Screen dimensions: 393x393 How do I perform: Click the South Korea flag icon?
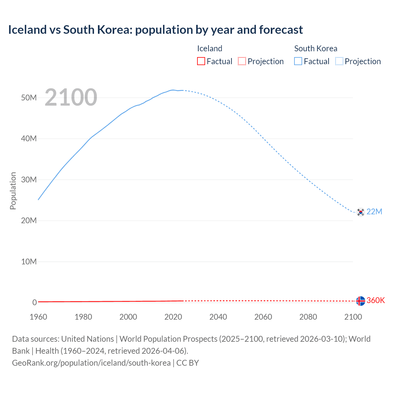[x=360, y=212]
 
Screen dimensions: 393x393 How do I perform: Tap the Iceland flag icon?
[x=360, y=301]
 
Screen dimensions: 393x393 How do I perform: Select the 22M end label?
[x=374, y=212]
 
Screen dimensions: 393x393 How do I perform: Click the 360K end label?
[x=375, y=300]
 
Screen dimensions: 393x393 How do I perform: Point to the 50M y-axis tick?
[x=29, y=98]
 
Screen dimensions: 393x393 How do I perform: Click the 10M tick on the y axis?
[x=29, y=262]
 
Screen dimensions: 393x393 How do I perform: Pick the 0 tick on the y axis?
[x=34, y=302]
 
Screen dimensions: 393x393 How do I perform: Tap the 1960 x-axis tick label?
[x=38, y=317]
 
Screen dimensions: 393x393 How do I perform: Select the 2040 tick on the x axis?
[x=218, y=317]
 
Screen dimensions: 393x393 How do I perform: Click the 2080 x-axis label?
[x=308, y=317]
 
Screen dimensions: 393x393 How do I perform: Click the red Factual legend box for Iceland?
[x=201, y=61]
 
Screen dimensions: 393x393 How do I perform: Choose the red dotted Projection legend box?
[x=242, y=61]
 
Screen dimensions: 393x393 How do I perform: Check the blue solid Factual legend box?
[x=298, y=61]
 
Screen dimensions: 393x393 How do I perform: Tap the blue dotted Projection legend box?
[x=339, y=61]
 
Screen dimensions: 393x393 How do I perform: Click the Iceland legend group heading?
[x=210, y=49]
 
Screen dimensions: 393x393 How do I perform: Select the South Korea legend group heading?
[x=316, y=49]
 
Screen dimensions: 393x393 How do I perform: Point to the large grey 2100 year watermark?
[x=71, y=97]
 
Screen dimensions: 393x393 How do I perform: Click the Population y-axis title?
[x=13, y=191]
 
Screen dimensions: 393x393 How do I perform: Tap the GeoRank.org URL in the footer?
[x=91, y=363]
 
